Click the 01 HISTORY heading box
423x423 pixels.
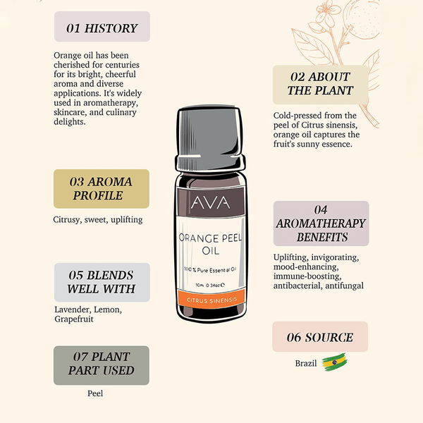click(x=102, y=27)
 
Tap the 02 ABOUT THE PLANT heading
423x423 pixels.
click(x=321, y=85)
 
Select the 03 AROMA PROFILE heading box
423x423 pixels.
click(x=102, y=189)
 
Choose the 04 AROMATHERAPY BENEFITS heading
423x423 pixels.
click(x=321, y=223)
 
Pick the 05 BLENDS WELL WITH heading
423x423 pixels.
click(x=102, y=283)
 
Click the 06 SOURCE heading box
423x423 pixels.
click(x=320, y=337)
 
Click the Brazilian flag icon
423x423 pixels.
click(x=334, y=362)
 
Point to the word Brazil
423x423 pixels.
click(x=306, y=363)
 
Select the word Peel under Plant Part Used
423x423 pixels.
click(x=95, y=393)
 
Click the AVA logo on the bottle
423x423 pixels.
click(x=211, y=203)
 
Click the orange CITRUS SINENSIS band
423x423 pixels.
click(x=211, y=300)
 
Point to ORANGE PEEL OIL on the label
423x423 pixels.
click(x=210, y=244)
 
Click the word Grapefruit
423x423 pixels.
click(x=74, y=319)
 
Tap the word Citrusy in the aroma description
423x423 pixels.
click(x=67, y=220)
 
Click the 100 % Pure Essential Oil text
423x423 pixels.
click(x=210, y=270)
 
